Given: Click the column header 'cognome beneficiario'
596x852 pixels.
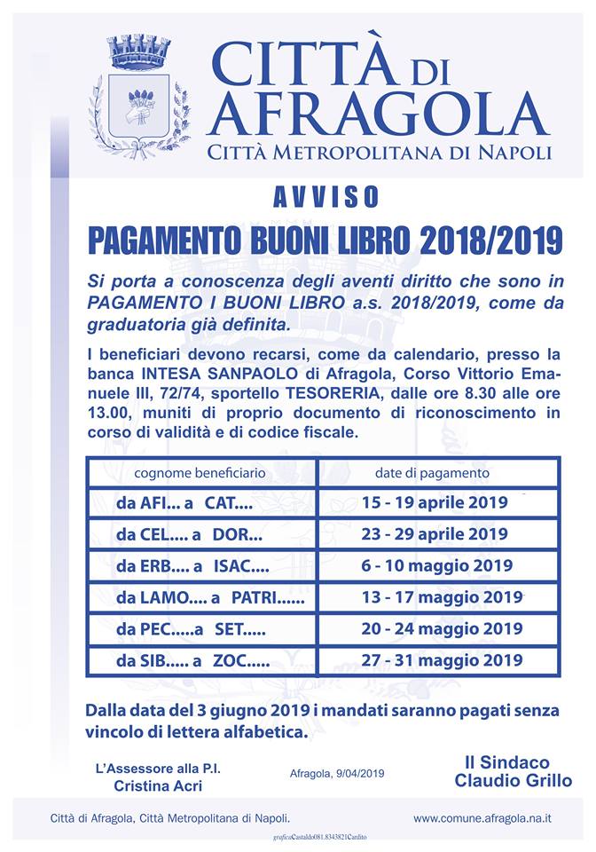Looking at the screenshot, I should (199, 473).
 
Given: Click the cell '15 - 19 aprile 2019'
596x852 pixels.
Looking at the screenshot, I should (435, 502).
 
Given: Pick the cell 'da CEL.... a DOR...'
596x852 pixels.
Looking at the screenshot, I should (189, 534).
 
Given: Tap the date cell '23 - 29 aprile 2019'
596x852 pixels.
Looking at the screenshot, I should (435, 534).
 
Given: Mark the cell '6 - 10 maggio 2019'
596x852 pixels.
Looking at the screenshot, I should (436, 566).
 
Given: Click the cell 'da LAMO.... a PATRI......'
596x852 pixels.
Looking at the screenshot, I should (209, 597).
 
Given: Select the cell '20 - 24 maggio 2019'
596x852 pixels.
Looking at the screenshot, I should (442, 629).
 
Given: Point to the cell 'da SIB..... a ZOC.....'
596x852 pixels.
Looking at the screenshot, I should (192, 661).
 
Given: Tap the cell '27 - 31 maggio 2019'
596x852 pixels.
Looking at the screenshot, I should (442, 661).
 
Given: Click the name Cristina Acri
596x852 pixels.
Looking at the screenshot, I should (156, 785).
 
